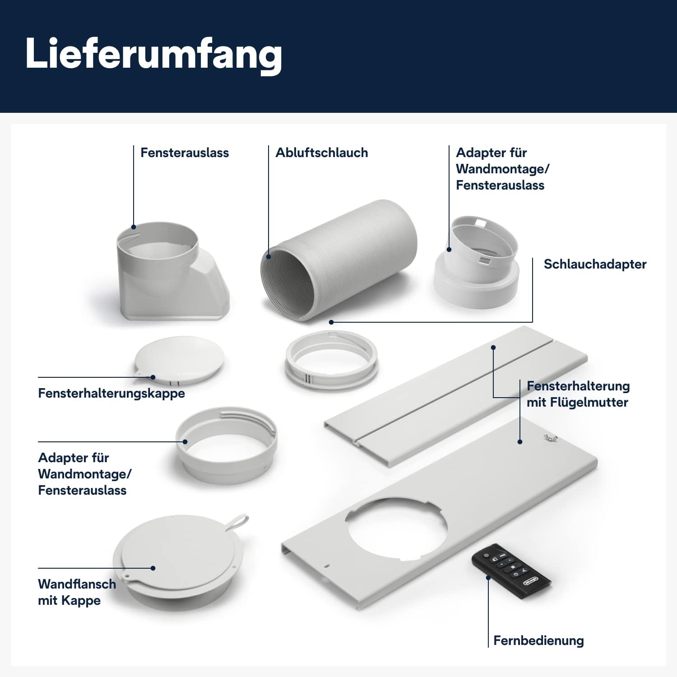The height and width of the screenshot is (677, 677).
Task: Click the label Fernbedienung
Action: click(x=538, y=640)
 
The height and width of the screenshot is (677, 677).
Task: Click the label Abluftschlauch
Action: click(x=321, y=153)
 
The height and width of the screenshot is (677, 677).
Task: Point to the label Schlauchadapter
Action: click(x=594, y=264)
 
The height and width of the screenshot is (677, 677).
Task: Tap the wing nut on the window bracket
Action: click(x=551, y=437)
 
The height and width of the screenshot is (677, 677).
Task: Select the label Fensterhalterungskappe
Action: click(x=111, y=393)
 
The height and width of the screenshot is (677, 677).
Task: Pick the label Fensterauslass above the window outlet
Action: click(x=184, y=153)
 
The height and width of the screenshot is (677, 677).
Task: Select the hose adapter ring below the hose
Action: click(x=331, y=359)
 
